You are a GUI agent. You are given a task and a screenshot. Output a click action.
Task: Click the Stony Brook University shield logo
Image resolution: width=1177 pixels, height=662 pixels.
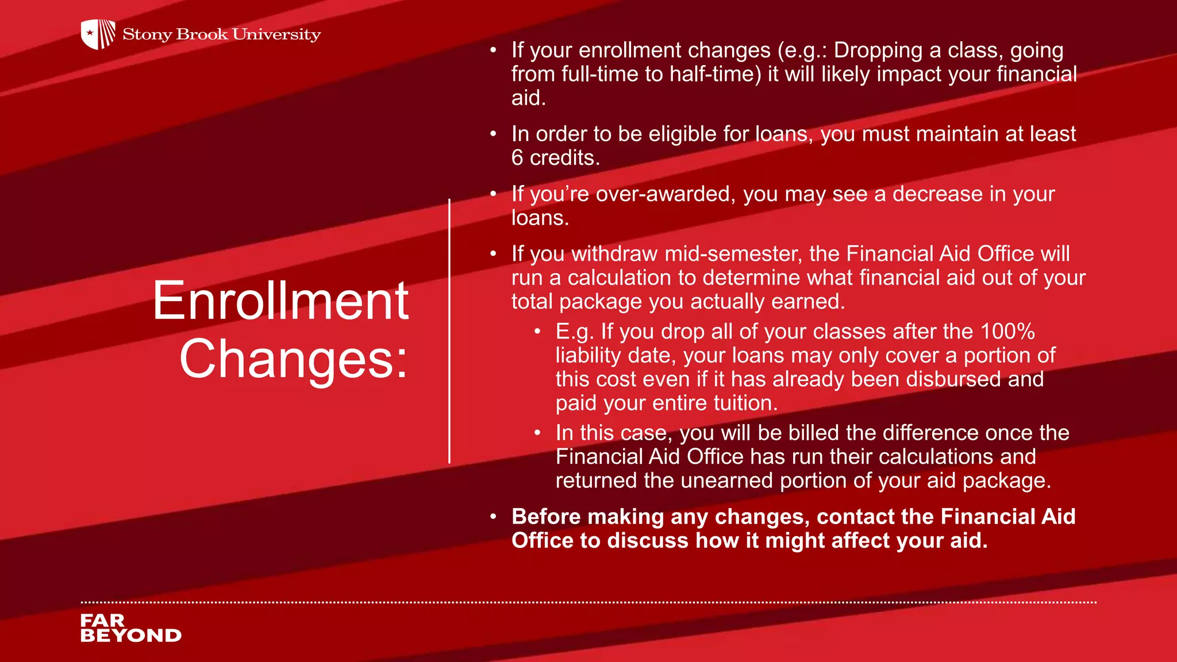tap(98, 34)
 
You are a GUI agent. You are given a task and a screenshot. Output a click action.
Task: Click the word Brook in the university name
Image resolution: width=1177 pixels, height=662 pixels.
tap(202, 34)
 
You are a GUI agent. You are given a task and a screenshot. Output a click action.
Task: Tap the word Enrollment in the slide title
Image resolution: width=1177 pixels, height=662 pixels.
tap(280, 301)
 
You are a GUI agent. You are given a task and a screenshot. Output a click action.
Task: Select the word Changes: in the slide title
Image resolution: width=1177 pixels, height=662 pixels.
tap(294, 359)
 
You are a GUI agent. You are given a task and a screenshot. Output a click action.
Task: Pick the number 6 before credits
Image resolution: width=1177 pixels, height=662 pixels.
tap(517, 158)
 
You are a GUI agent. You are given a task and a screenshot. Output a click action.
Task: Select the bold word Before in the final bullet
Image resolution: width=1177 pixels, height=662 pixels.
tap(546, 517)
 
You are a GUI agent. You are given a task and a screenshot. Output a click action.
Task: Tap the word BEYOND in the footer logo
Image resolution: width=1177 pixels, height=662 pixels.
tap(131, 636)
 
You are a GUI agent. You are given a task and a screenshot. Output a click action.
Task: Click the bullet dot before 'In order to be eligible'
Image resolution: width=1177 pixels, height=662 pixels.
tap(493, 134)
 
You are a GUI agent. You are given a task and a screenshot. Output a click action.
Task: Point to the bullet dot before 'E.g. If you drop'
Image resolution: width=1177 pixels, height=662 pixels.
tap(537, 332)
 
